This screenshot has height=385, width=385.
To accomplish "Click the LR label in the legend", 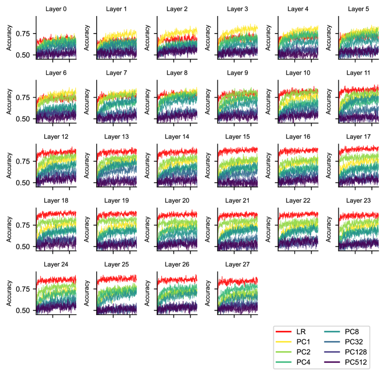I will tap(301, 332).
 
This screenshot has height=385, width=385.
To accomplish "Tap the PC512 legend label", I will tap(355, 362).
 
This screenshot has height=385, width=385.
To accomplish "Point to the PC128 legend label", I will tap(355, 352).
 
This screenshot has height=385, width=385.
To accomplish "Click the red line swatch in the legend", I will tap(284, 332).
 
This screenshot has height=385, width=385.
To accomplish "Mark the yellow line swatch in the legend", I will tap(284, 342).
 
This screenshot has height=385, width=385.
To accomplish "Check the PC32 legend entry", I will tap(354, 342).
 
